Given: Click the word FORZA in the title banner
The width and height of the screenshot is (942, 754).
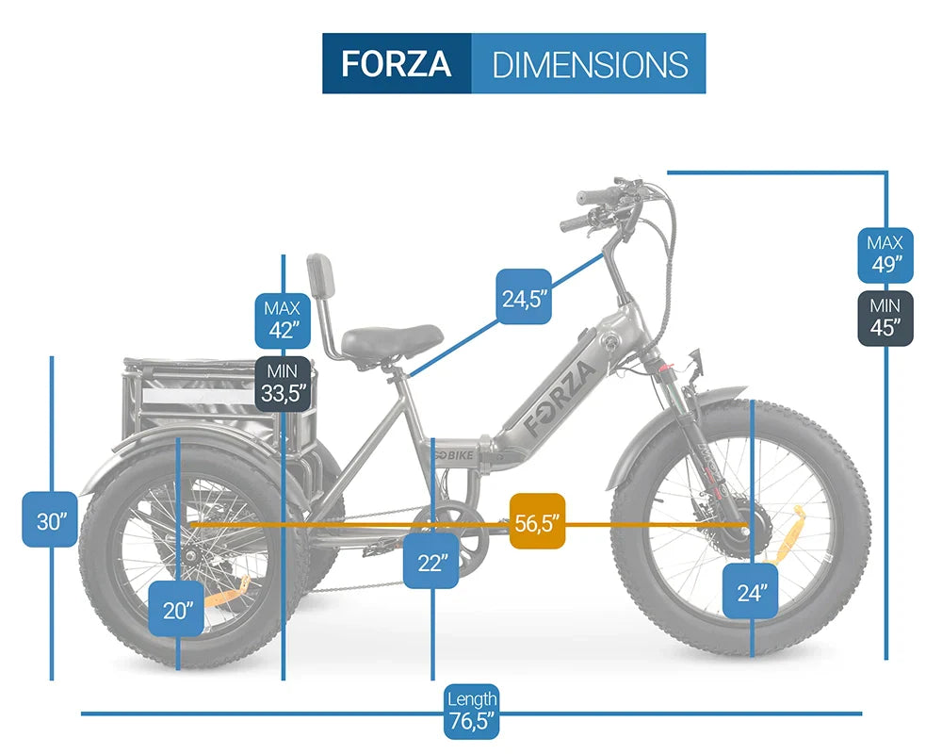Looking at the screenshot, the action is tap(396, 64).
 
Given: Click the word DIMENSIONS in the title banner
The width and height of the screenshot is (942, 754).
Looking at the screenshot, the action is tap(590, 65).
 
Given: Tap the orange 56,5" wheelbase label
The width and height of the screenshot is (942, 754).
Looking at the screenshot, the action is tap(537, 521).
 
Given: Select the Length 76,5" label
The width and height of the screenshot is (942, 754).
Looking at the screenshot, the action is tap(472, 712).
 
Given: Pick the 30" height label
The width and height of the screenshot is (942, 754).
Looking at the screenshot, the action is tap(50, 519).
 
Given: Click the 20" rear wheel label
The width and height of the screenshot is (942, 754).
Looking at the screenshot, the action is tap(176, 609).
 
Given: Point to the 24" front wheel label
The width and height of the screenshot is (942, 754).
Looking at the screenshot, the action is tap(751, 591).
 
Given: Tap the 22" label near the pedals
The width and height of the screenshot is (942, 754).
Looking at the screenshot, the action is tap(430, 561).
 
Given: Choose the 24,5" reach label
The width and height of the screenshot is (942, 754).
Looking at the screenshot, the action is tap(524, 297).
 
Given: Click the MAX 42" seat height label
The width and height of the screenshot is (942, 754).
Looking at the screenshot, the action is tap(283, 320).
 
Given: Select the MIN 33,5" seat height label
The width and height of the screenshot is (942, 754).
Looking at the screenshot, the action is tap(283, 384).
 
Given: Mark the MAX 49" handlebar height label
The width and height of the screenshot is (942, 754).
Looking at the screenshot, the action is tap(885, 255).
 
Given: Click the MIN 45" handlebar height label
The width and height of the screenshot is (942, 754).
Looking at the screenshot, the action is tap(885, 319).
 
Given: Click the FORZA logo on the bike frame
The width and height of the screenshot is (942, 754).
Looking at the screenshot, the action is tap(559, 398).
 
